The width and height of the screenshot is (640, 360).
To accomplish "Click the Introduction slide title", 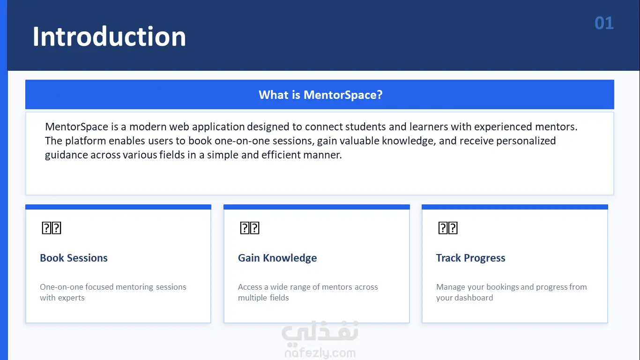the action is point(109,36).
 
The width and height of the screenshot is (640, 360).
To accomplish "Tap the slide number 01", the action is point(604,23).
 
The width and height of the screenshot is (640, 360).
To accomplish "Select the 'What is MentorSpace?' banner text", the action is point(320,95).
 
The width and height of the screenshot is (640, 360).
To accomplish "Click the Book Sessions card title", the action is point(74,258).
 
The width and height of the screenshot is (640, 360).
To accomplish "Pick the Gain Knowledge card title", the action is point(277,258).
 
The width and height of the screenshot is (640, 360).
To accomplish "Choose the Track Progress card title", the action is point(470,258).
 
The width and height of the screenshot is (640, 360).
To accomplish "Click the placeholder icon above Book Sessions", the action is point(52,228).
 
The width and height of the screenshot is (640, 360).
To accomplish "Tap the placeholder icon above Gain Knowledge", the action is point(250,228).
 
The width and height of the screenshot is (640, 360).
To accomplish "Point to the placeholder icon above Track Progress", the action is point(448,228).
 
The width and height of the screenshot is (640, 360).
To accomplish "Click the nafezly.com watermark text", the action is point(320,353).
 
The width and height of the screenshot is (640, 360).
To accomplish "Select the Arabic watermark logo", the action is point(320,332).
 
